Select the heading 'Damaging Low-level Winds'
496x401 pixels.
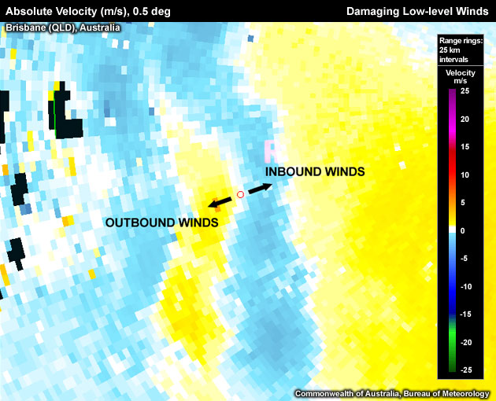click(x=418, y=11)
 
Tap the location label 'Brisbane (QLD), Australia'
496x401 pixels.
click(x=63, y=28)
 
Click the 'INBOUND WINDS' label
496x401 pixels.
click(x=315, y=171)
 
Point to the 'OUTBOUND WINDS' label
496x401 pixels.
click(x=161, y=223)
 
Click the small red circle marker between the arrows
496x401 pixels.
click(x=241, y=194)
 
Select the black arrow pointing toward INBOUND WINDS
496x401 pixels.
click(x=260, y=189)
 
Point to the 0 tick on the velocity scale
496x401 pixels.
click(x=464, y=230)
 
